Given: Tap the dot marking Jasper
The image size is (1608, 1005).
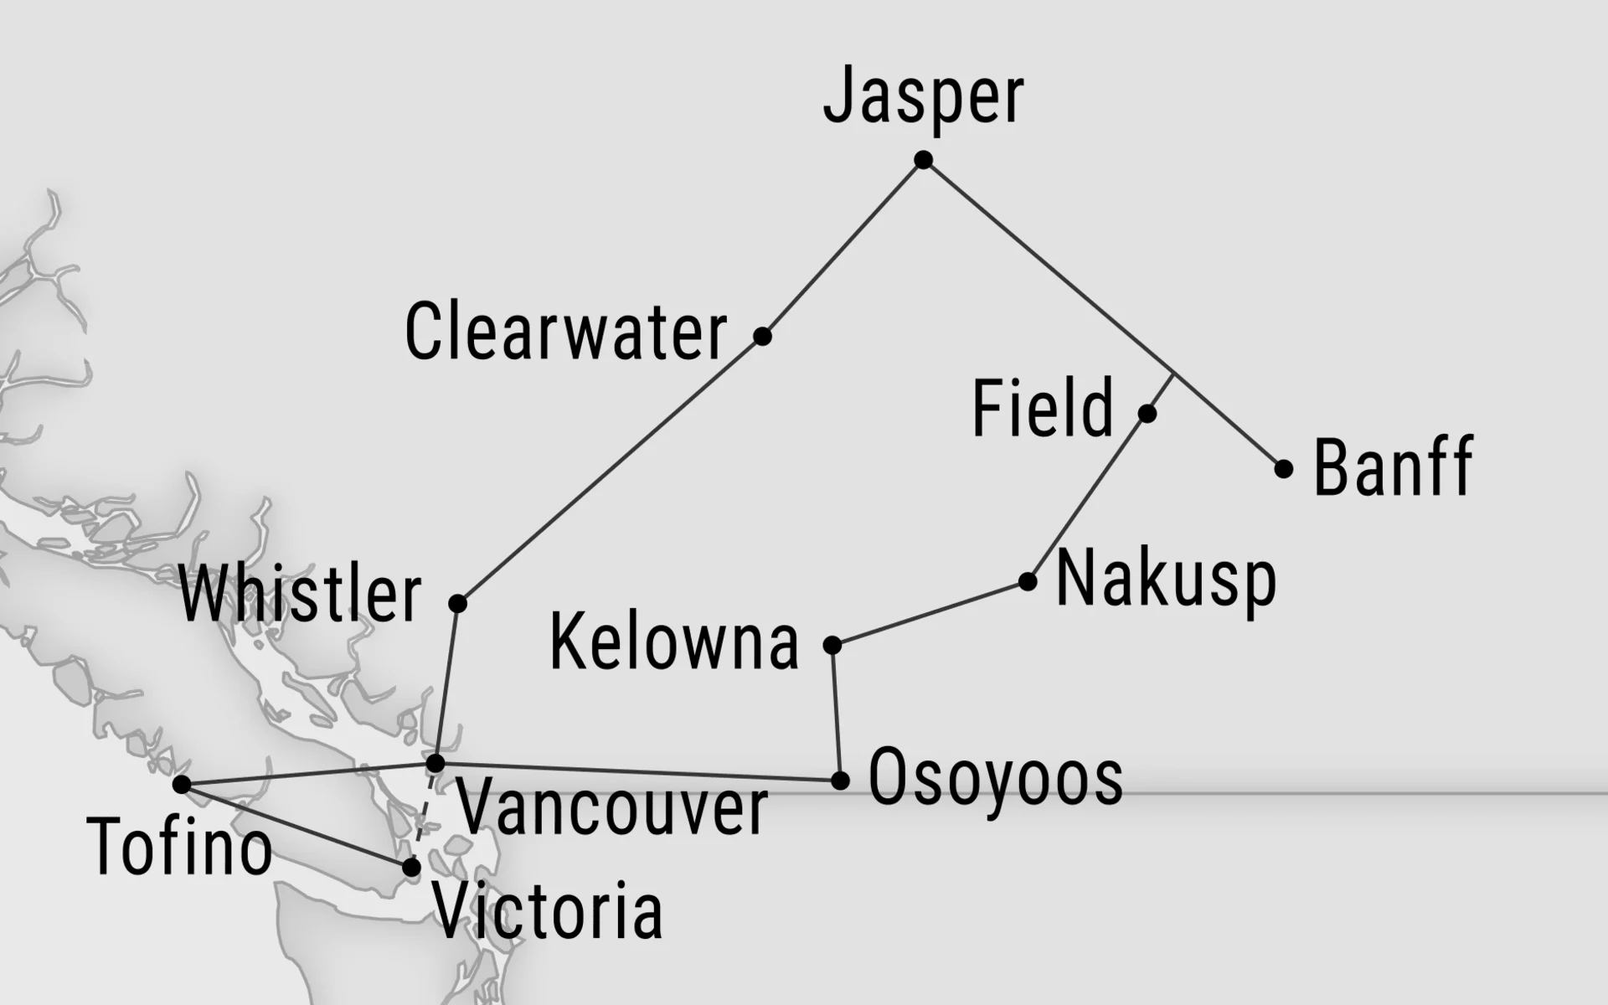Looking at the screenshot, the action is pyautogui.click(x=923, y=160).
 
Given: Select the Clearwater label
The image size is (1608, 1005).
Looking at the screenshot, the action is pyautogui.click(x=566, y=332).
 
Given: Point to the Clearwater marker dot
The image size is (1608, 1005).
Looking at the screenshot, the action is pyautogui.click(x=762, y=336).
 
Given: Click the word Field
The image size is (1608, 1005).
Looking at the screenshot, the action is pyautogui.click(x=1043, y=408).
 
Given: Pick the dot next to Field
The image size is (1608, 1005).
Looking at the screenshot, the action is pyautogui.click(x=1147, y=413).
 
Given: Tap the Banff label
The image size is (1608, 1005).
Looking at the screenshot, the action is pyautogui.click(x=1394, y=466).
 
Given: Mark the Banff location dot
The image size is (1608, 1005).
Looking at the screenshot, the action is pyautogui.click(x=1283, y=468).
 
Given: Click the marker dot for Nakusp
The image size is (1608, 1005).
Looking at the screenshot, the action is pyautogui.click(x=1028, y=581).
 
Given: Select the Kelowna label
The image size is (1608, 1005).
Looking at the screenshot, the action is pyautogui.click(x=674, y=642).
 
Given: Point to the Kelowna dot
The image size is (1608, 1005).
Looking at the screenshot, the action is pyautogui.click(x=832, y=645).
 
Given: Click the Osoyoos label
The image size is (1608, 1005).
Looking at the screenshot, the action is pyautogui.click(x=995, y=778).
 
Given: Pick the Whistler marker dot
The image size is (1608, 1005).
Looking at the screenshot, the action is pyautogui.click(x=457, y=603).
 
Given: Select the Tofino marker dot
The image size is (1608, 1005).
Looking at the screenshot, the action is pyautogui.click(x=181, y=785).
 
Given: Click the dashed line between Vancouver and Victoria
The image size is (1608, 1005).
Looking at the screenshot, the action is pyautogui.click(x=424, y=815).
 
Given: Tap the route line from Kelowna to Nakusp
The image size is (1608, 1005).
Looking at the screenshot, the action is pyautogui.click(x=930, y=613).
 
